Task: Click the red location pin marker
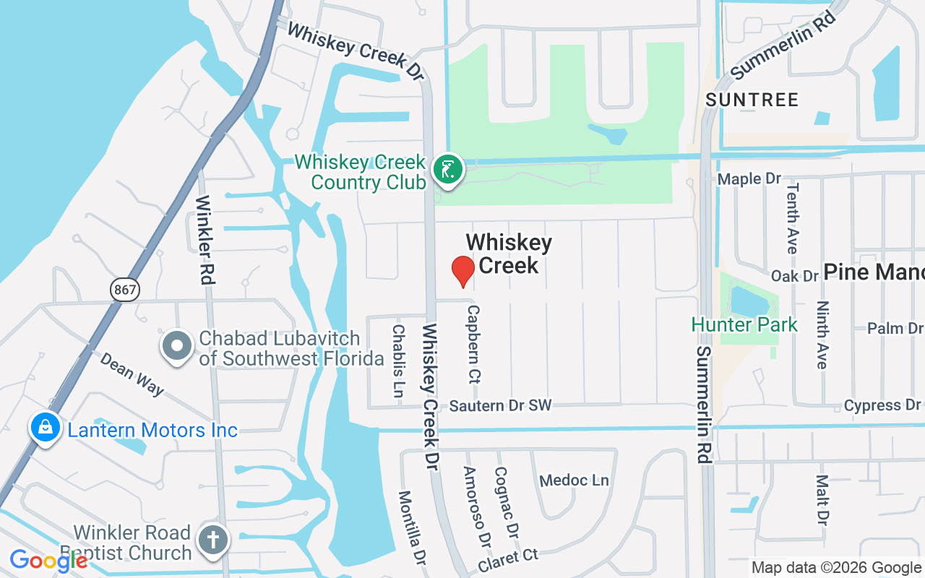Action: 462,271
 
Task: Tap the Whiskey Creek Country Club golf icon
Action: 448,171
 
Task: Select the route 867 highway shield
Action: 125,290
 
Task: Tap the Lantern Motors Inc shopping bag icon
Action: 46,427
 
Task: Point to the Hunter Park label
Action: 744,324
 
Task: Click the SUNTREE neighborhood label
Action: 752,100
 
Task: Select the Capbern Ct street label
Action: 474,343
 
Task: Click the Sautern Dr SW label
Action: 501,406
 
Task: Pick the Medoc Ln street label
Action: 575,480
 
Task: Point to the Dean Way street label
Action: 132,374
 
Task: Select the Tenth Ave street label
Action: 793,217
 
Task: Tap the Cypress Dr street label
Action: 882,405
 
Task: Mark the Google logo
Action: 48,561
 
